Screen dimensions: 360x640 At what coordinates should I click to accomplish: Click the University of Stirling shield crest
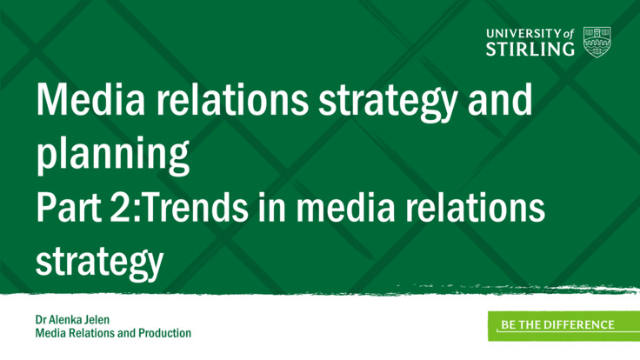click(x=597, y=40)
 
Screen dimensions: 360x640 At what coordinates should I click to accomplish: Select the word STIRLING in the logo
click(x=530, y=49)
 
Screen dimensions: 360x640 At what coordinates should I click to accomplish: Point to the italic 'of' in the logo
click(x=569, y=33)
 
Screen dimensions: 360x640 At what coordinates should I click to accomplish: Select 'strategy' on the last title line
click(x=99, y=261)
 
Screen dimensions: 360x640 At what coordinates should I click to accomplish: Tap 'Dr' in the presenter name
click(x=42, y=320)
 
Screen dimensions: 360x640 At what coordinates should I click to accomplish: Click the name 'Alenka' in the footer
click(x=68, y=320)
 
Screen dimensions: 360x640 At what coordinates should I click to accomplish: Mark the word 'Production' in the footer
click(x=164, y=333)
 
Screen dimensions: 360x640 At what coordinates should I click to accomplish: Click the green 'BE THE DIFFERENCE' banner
click(x=557, y=325)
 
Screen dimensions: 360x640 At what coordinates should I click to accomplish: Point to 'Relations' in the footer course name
click(x=91, y=333)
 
